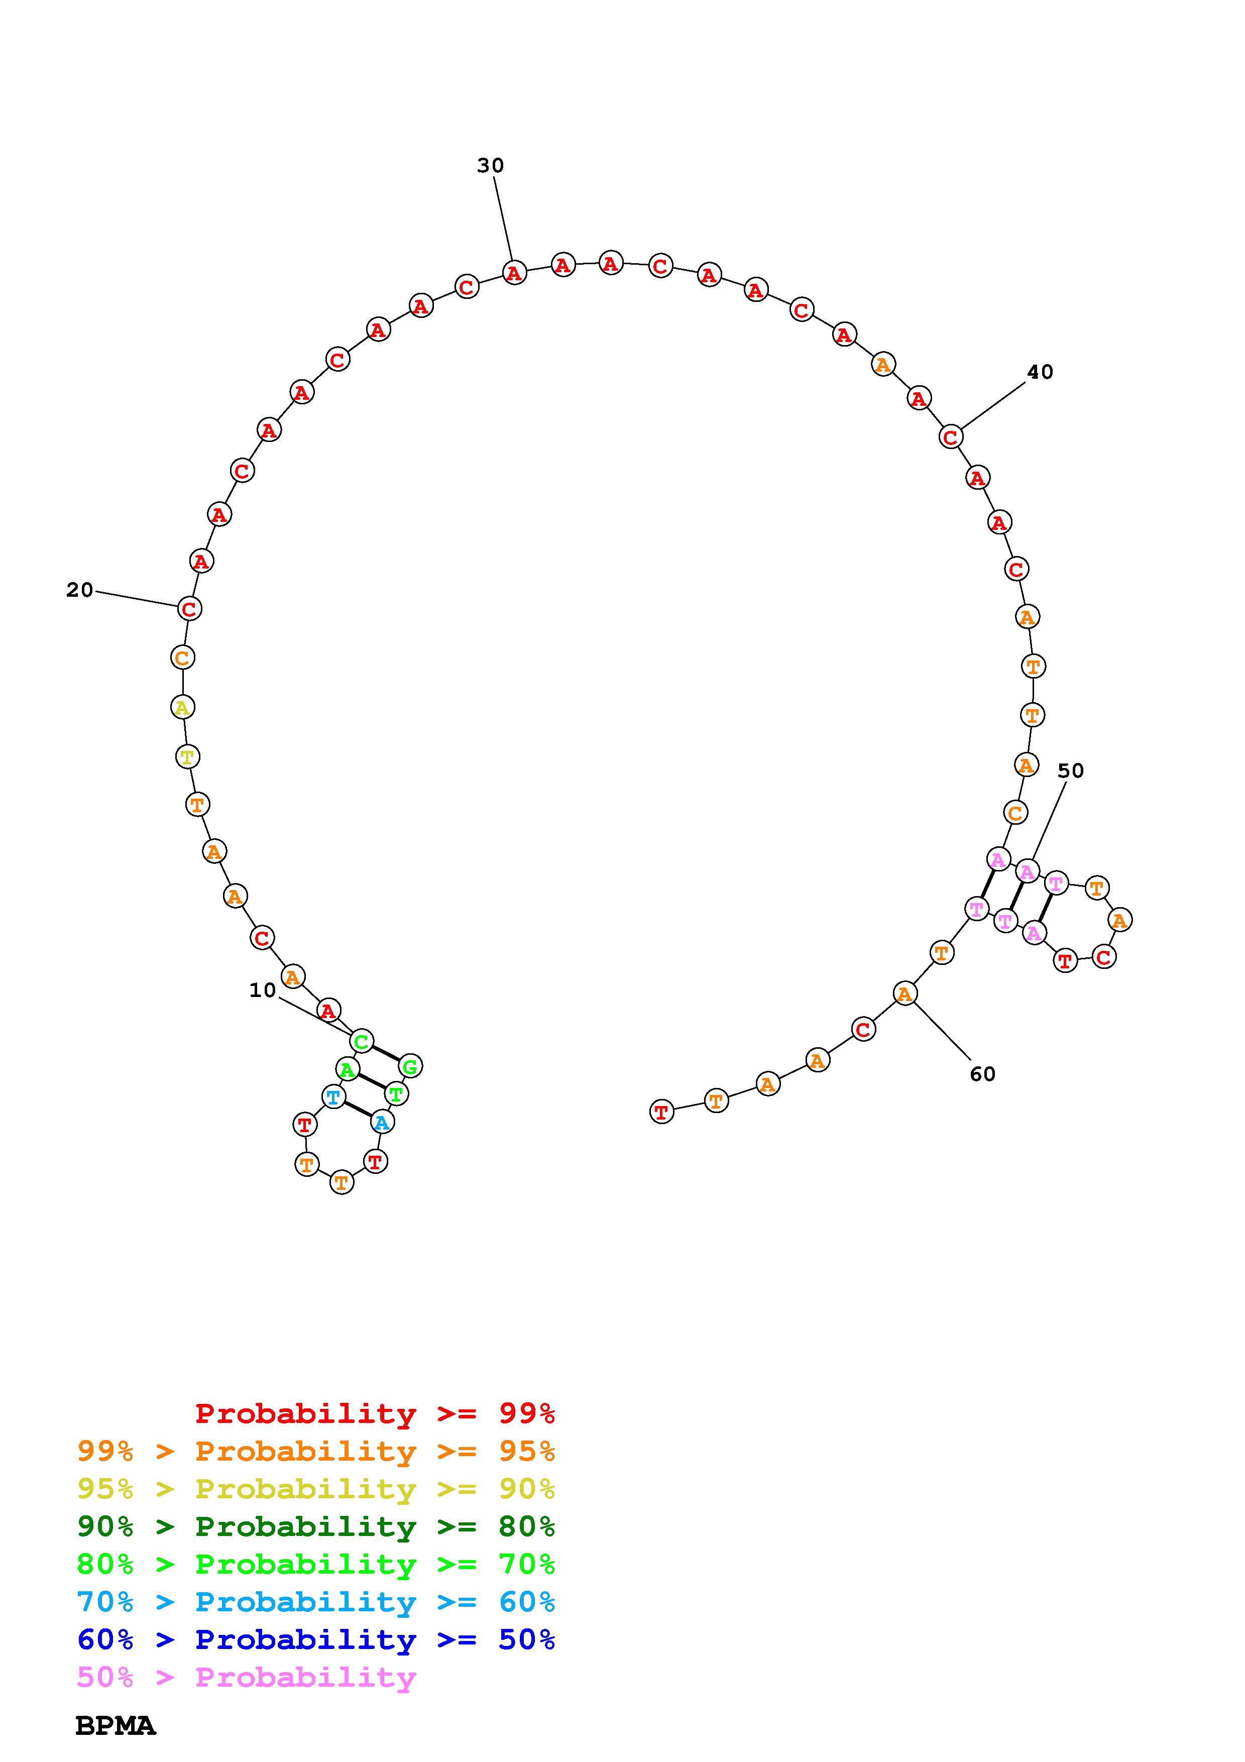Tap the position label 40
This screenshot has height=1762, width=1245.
click(x=1040, y=372)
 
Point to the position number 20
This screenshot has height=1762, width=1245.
click(x=80, y=590)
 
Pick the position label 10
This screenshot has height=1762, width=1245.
click(x=262, y=990)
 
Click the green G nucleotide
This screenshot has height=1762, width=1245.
click(x=410, y=1066)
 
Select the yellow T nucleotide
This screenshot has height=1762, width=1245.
click(x=186, y=756)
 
